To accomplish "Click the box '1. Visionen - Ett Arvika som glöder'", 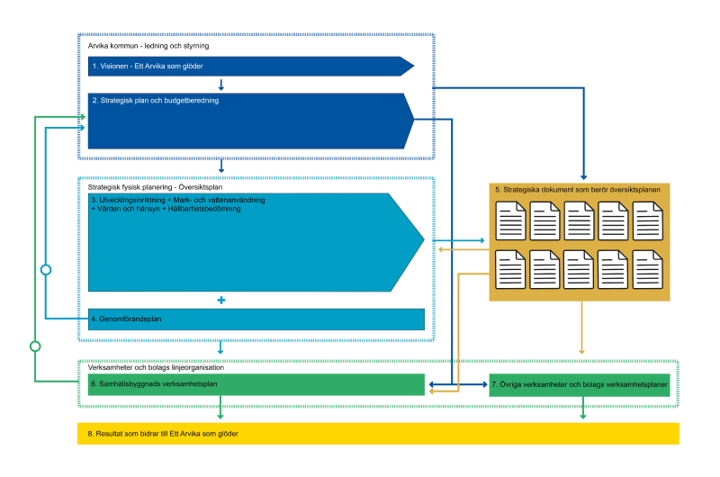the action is [250, 66].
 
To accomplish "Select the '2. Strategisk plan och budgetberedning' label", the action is [155, 101].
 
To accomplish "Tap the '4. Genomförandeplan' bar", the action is [256, 319].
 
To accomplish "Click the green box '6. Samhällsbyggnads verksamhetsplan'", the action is [256, 384].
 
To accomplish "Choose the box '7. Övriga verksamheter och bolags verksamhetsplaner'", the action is [580, 384].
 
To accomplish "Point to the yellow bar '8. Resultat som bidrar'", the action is [378, 434].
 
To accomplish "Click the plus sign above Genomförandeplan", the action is [221, 301].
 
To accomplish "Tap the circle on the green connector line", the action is [35, 346].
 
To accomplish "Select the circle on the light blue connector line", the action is [46, 270].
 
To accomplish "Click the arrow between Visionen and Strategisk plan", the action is [221, 85].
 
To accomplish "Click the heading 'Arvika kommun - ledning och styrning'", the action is [148, 46].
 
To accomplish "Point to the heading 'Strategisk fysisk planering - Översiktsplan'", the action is [155, 187].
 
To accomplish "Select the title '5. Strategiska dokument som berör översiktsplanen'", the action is [578, 190].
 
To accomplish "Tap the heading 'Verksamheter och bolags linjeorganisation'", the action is [156, 368].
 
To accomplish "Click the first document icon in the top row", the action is [510, 220].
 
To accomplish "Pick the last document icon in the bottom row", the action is [648, 269].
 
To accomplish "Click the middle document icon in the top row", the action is [579, 220].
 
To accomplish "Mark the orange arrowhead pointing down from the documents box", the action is [581, 352].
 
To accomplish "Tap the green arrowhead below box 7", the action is [583, 416].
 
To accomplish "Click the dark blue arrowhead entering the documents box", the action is [583, 177].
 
